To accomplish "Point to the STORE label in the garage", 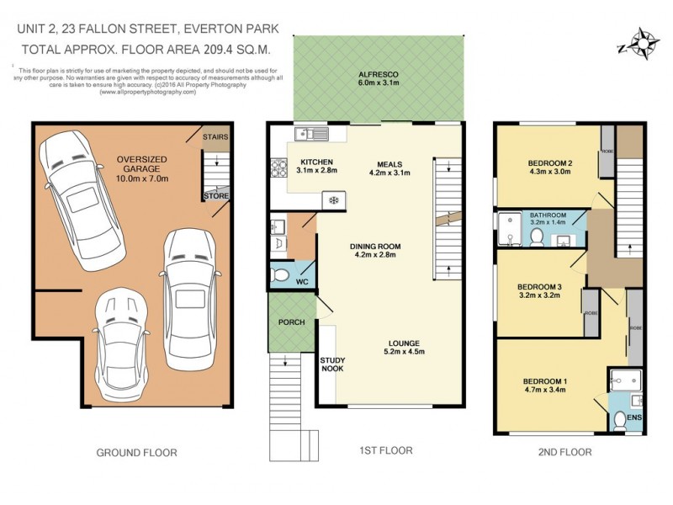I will [x=216, y=195].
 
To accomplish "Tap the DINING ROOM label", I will [x=376, y=251].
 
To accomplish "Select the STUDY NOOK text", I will [x=332, y=364].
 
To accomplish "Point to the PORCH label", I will [x=291, y=322].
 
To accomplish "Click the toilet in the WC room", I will [x=284, y=274].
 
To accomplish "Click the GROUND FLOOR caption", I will [x=136, y=452].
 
